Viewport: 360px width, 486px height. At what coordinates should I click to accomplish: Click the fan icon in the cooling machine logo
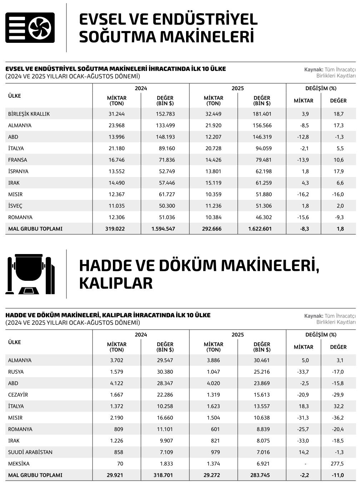pyautogui.click(x=40, y=28)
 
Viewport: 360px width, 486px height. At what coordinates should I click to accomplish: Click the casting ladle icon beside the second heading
pyautogui.click(x=30, y=274)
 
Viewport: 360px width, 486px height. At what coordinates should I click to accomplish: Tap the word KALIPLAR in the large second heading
pyautogui.click(x=116, y=283)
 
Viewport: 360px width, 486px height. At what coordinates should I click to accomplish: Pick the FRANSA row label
pyautogui.click(x=17, y=160)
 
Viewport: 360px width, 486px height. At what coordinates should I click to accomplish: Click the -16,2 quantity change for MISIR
pyautogui.click(x=303, y=194)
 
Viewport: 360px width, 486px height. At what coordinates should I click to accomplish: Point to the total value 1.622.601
pyautogui.click(x=260, y=229)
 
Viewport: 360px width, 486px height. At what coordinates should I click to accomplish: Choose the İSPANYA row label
pyautogui.click(x=18, y=171)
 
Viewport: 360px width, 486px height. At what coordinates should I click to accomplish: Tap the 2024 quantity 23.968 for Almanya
pyautogui.click(x=116, y=126)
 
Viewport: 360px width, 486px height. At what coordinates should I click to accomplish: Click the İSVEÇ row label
pyautogui.click(x=15, y=206)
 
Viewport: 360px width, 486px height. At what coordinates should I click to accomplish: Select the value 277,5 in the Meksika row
pyautogui.click(x=337, y=464)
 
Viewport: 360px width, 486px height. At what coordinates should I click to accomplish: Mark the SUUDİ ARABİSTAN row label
pyautogui.click(x=30, y=452)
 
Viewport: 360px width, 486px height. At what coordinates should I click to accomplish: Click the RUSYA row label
pyautogui.click(x=16, y=372)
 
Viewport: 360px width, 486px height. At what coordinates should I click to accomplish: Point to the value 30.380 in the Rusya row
pyautogui.click(x=165, y=372)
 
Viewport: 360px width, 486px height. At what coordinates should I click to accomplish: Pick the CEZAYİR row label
pyautogui.click(x=18, y=395)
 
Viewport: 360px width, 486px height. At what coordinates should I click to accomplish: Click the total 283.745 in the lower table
pyautogui.click(x=261, y=475)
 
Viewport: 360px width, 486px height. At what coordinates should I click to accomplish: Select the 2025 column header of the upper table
pyautogui.click(x=237, y=88)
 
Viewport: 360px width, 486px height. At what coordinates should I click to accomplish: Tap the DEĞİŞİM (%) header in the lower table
pyautogui.click(x=321, y=335)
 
